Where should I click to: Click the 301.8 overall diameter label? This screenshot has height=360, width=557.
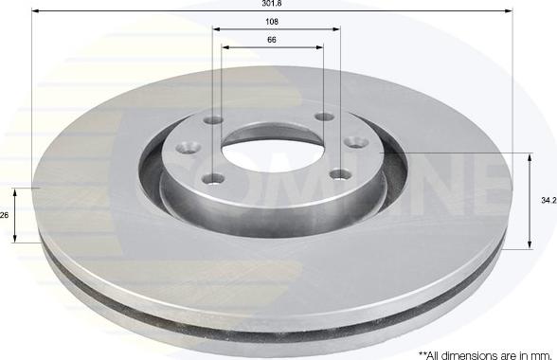click(272, 3)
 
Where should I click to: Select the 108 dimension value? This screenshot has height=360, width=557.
click(272, 22)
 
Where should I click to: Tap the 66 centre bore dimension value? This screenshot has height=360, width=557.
click(272, 40)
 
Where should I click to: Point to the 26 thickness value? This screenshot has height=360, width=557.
click(4, 215)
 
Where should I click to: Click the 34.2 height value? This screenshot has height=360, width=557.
click(548, 201)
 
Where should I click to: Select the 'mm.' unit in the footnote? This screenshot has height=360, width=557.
click(541, 355)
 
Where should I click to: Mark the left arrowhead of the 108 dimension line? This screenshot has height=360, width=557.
click(216, 28)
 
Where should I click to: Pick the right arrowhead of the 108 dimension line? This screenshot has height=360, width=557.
click(337, 28)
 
